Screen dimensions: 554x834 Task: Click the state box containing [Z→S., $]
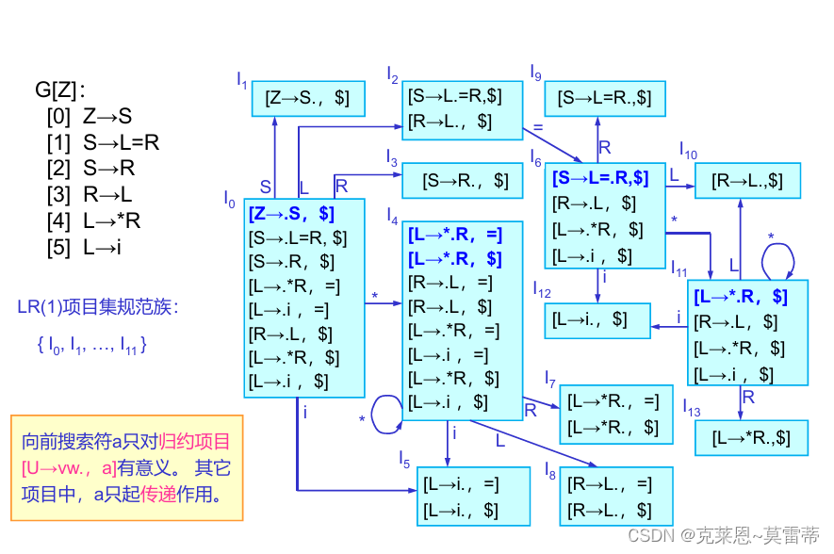tap(308, 98)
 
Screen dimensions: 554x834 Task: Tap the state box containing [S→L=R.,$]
tap(604, 98)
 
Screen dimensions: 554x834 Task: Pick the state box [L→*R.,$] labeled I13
tap(752, 437)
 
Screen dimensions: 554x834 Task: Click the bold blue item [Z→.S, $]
tap(292, 214)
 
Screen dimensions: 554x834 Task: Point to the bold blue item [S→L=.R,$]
tap(600, 177)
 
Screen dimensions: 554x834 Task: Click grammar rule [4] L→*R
tap(93, 222)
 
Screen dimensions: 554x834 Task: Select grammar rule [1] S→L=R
tap(103, 143)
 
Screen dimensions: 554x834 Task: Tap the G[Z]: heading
tap(60, 90)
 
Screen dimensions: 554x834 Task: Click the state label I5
tap(403, 460)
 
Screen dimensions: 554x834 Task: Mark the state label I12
tap(541, 287)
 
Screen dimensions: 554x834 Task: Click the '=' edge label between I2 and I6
tap(538, 125)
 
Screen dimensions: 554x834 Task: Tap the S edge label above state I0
tap(265, 187)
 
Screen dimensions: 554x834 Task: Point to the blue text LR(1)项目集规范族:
tap(98, 307)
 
